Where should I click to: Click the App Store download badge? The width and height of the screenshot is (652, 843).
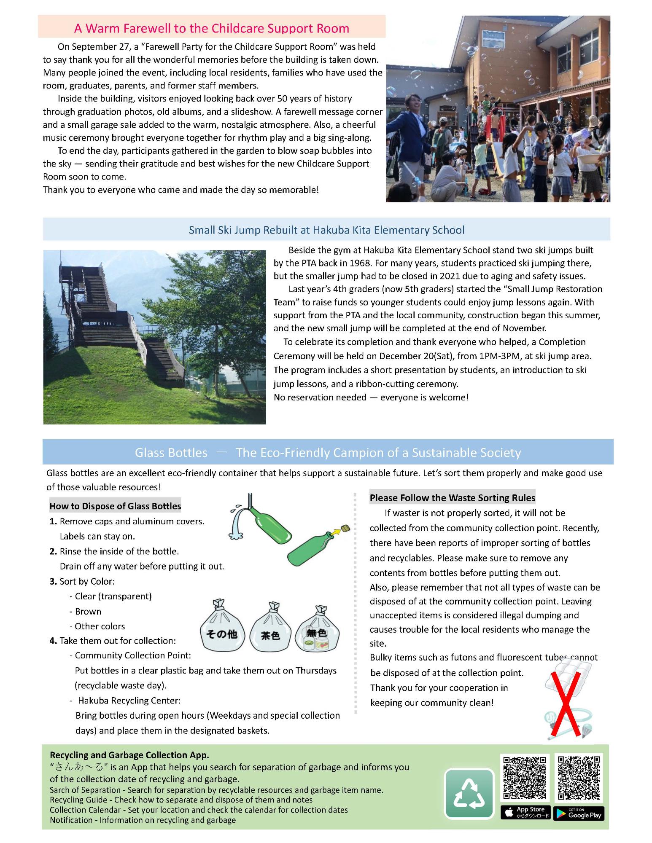tap(525, 812)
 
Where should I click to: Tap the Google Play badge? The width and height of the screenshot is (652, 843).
tap(579, 813)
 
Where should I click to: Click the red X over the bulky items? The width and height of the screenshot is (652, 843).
tap(566, 700)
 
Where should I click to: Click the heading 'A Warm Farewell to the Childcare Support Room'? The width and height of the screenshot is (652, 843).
tap(212, 28)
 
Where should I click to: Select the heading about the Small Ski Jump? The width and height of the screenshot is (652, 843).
tap(326, 230)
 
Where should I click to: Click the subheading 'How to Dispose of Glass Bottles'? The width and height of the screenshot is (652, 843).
tap(115, 506)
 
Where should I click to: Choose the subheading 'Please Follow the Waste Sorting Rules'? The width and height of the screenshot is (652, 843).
tap(453, 498)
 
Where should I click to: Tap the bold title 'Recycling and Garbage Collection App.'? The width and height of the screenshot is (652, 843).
tap(129, 755)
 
